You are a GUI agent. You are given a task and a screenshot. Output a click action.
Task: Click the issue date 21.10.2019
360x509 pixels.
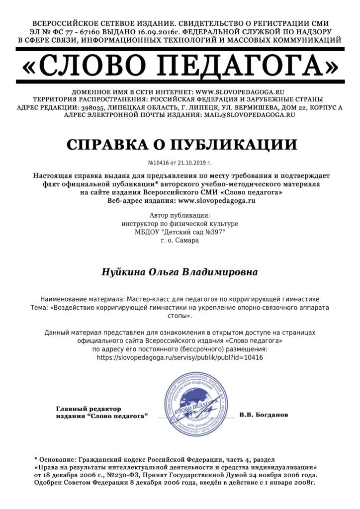[x=189, y=163]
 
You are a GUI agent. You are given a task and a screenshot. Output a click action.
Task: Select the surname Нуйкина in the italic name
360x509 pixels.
[x=122, y=272]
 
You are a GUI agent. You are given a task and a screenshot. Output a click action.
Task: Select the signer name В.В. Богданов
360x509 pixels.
[x=263, y=414]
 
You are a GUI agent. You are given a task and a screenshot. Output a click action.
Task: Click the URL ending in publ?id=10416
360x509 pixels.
[x=180, y=357]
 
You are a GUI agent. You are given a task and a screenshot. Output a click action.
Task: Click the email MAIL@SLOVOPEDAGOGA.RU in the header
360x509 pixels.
[x=250, y=114]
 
